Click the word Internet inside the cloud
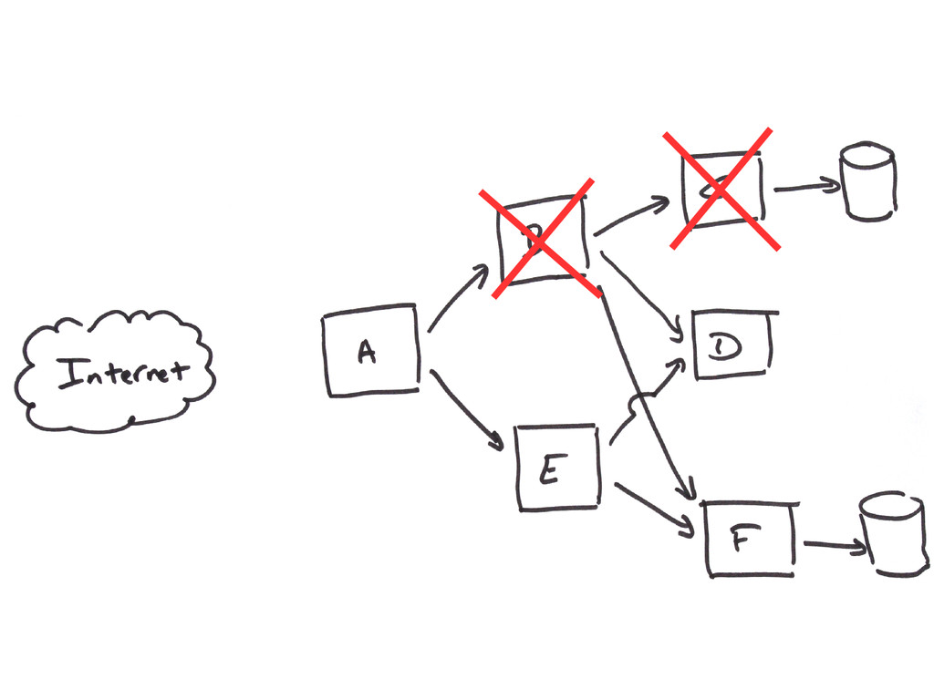122,372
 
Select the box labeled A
372,351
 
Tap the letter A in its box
367,352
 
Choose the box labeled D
732,345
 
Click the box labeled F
751,540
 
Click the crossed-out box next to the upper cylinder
721,189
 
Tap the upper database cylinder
868,181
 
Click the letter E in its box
549,472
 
